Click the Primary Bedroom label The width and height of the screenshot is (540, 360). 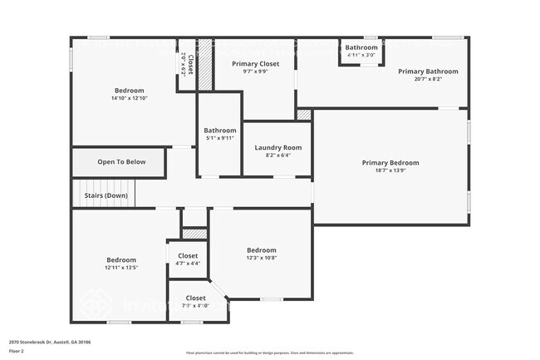pos(390,163)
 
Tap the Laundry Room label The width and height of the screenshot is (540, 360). pos(277,147)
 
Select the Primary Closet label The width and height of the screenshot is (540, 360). pos(255,63)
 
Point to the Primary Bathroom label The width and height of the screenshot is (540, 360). pos(427,72)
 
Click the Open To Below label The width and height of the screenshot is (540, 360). pos(121,161)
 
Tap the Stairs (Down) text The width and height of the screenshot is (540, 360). pos(106,195)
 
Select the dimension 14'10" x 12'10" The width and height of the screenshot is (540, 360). pos(129,98)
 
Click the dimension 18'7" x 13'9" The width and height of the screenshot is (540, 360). pos(390,170)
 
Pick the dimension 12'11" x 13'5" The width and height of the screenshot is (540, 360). pos(120,268)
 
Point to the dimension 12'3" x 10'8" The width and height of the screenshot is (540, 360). pos(261,258)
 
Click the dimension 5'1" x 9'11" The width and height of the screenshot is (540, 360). pos(220,138)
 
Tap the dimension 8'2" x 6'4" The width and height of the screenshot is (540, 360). pos(277,155)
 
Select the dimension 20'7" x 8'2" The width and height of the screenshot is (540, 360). pos(427,79)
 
